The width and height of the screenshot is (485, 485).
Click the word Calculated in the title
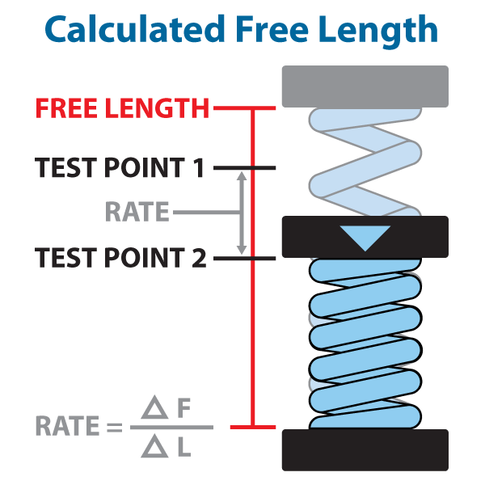point(134,29)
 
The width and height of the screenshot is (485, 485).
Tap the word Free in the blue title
point(272,29)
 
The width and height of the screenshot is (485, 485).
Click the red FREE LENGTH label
point(123,108)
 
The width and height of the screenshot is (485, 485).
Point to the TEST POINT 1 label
point(120,167)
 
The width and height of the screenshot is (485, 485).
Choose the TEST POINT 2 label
point(120,257)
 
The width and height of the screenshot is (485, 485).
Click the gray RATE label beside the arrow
point(137,212)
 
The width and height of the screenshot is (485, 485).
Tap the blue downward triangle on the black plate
point(365,237)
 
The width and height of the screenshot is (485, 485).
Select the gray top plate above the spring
point(365,86)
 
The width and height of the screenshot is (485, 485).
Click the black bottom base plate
point(365,450)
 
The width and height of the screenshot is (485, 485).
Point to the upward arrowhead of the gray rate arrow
point(242,177)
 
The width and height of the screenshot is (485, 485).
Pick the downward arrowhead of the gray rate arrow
point(242,250)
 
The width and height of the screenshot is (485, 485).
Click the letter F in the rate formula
point(184,408)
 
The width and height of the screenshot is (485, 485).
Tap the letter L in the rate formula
point(184,447)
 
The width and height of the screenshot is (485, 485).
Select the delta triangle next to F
point(154,407)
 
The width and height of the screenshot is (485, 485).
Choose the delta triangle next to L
point(154,446)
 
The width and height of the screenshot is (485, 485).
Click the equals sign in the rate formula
point(115,427)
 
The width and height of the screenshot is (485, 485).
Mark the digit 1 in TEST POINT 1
point(198,167)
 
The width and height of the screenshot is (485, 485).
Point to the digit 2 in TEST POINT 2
point(199,257)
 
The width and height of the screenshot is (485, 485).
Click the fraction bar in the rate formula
point(171,427)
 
